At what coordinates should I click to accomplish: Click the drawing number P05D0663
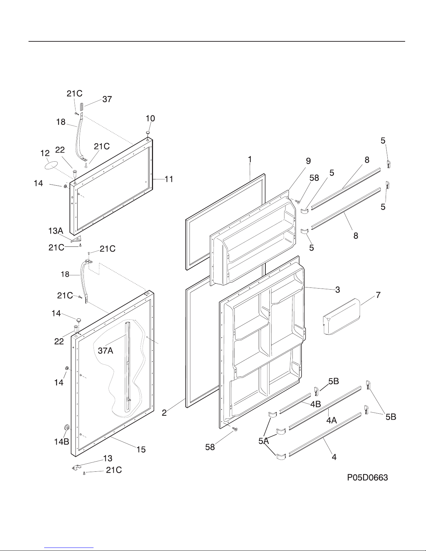[367, 478]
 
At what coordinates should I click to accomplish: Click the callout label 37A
[105, 351]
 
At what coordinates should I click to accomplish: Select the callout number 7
[378, 295]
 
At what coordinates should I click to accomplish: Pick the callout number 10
[150, 118]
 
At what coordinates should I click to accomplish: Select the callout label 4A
[331, 420]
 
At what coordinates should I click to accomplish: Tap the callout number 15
[141, 449]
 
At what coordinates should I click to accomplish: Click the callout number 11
[169, 179]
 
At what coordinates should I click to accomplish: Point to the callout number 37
[107, 99]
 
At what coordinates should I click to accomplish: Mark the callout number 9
[308, 161]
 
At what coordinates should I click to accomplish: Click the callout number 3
[337, 290]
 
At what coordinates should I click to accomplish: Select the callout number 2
[164, 413]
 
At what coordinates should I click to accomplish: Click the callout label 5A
[263, 441]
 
